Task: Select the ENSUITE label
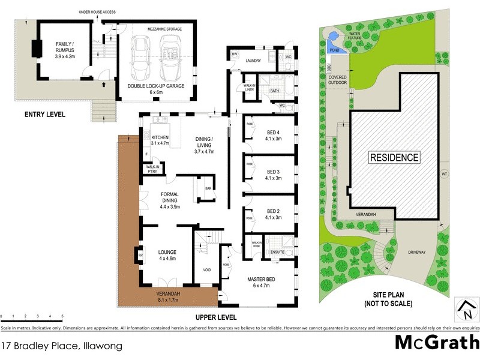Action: [277, 253]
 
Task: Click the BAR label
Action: [209, 187]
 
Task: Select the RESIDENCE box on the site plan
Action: [394, 158]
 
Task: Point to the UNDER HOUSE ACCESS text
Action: [97, 12]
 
